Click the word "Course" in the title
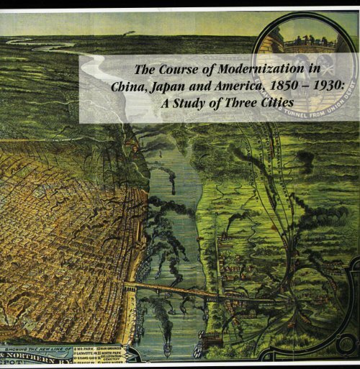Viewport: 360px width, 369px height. [x=181, y=72]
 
